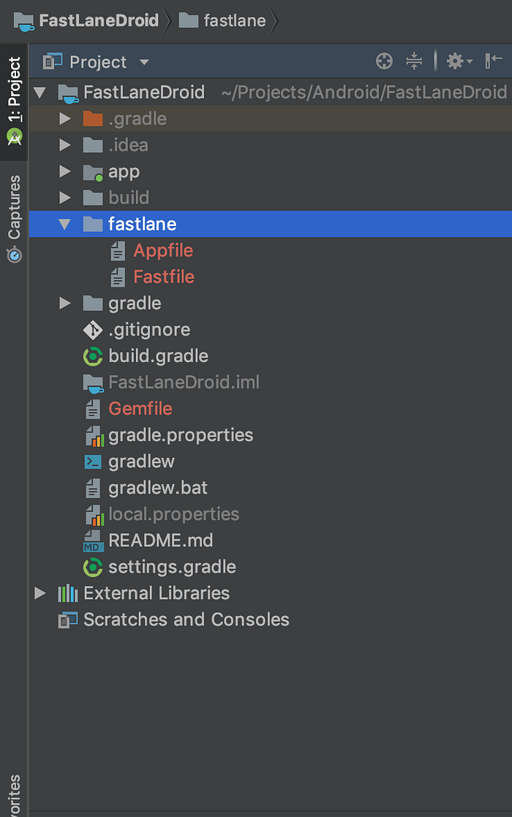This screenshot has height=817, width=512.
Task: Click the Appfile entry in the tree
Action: tap(163, 251)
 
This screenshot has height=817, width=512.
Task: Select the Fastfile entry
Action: tap(164, 276)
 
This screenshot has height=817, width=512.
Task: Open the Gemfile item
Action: tap(140, 408)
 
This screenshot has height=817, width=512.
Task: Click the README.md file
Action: tap(160, 541)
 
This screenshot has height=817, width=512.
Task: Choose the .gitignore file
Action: tap(149, 330)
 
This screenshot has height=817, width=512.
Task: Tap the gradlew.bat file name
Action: tap(158, 488)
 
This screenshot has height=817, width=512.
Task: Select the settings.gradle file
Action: tap(172, 567)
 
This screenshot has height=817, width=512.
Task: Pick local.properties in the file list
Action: tap(173, 514)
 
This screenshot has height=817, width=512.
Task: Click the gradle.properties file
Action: tap(181, 435)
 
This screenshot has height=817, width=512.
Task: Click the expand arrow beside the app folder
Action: tap(65, 171)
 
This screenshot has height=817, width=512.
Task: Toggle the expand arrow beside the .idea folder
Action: tap(65, 145)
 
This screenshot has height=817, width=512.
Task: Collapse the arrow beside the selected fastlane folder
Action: tap(64, 224)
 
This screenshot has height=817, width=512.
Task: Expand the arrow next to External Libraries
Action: tap(39, 593)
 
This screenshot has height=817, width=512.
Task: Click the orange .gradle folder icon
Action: tap(93, 118)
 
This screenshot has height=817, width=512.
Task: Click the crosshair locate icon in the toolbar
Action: tap(385, 61)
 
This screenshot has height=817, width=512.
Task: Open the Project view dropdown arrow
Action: tap(144, 62)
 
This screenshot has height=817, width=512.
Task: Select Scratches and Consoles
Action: tap(186, 620)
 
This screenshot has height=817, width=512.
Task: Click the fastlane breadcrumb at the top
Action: tap(234, 20)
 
